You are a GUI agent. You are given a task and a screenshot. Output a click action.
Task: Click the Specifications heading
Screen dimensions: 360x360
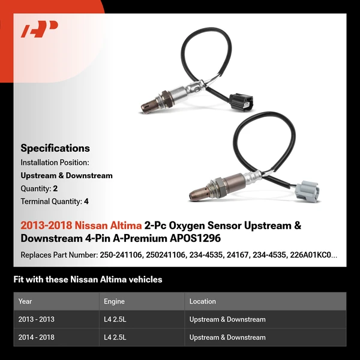point(55,148)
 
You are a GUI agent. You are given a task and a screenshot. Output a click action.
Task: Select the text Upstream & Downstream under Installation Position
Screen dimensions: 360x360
point(67,176)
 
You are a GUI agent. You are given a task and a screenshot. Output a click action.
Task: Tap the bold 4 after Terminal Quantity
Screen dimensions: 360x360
point(86,202)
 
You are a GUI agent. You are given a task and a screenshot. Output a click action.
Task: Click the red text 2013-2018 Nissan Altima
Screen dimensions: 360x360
point(81,226)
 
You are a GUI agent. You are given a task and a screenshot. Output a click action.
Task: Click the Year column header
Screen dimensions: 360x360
point(25,301)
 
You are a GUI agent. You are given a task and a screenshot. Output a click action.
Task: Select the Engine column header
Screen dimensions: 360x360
point(114,301)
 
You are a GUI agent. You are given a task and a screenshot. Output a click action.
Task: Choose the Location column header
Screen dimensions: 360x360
point(202,301)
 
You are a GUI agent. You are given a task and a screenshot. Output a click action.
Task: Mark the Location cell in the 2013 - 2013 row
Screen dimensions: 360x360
point(227,319)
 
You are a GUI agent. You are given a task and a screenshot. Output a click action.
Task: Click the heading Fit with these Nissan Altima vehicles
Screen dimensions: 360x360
point(88,280)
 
